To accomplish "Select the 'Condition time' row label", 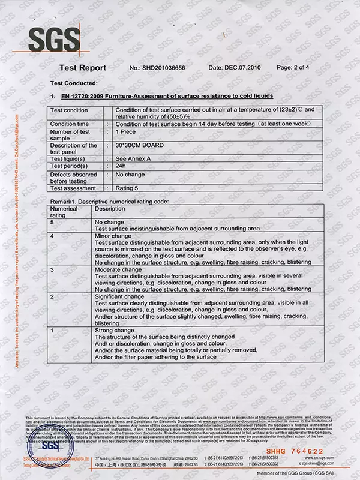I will tap(70, 124).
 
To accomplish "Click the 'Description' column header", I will tap(110, 208).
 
